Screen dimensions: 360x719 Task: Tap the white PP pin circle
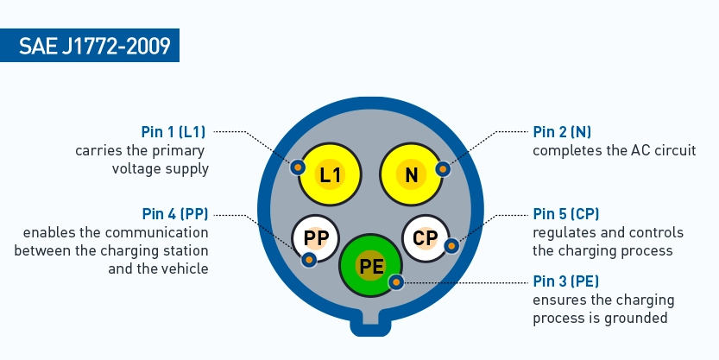316,238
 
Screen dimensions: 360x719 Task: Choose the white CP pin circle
426,238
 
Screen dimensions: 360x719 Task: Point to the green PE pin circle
371,267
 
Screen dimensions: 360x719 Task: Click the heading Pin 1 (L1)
173,132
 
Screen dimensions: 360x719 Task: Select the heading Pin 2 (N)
562,132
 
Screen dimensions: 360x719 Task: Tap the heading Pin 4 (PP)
176,213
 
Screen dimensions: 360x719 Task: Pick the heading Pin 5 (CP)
566,213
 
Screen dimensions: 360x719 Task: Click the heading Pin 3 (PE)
566,281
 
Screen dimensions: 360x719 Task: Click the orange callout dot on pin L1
297,167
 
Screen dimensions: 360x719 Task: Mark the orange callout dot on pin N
443,168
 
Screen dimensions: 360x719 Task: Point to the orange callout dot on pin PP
309,258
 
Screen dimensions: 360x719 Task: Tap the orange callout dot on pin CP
451,246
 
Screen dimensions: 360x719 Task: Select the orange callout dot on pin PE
396,281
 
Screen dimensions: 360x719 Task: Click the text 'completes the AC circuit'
614,150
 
